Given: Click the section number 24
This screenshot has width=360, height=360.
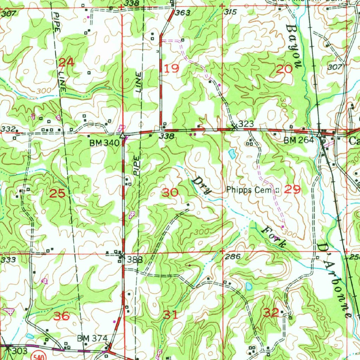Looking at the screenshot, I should (x=66, y=63).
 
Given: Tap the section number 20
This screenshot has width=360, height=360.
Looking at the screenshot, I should (x=284, y=69).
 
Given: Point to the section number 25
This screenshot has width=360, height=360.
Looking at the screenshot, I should (x=57, y=193).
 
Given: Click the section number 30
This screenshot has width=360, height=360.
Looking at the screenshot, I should (x=170, y=192).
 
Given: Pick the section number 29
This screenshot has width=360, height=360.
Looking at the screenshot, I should (x=292, y=190).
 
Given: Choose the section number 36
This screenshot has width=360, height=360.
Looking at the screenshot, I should (x=61, y=316).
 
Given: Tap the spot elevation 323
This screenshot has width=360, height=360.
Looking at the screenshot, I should (x=246, y=124).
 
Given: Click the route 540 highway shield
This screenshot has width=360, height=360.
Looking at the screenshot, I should (x=36, y=356).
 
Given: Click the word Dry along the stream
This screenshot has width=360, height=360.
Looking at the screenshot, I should (x=201, y=185).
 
